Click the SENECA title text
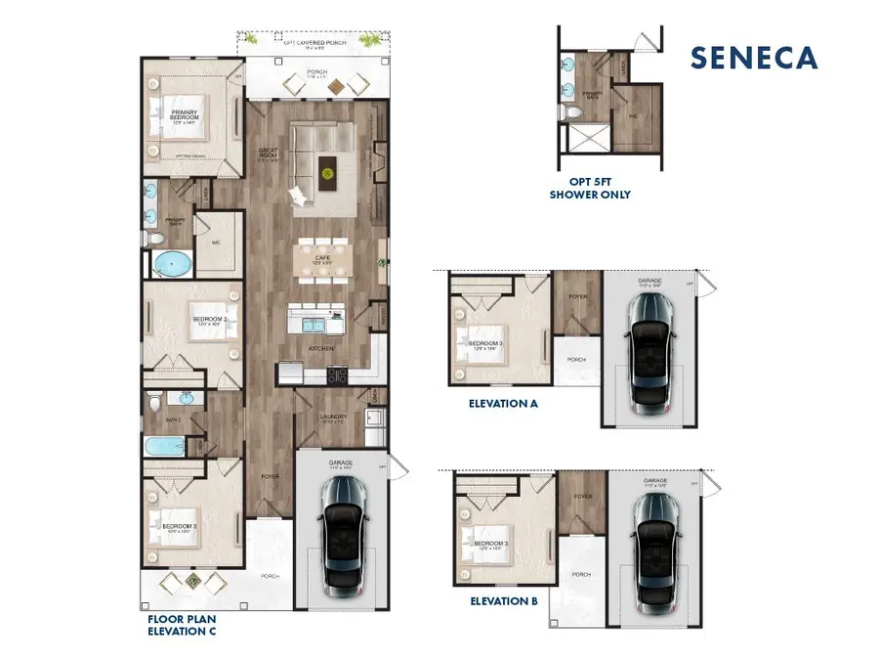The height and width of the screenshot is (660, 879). click(754, 57)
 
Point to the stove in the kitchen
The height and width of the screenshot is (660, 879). click(337, 373)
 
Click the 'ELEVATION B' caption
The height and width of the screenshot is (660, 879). click(504, 601)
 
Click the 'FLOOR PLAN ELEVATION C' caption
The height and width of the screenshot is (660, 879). click(182, 625)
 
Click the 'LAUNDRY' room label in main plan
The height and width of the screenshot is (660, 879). click(333, 418)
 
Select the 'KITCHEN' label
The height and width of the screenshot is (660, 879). click(321, 348)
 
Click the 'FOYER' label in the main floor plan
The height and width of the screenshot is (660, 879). click(271, 477)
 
